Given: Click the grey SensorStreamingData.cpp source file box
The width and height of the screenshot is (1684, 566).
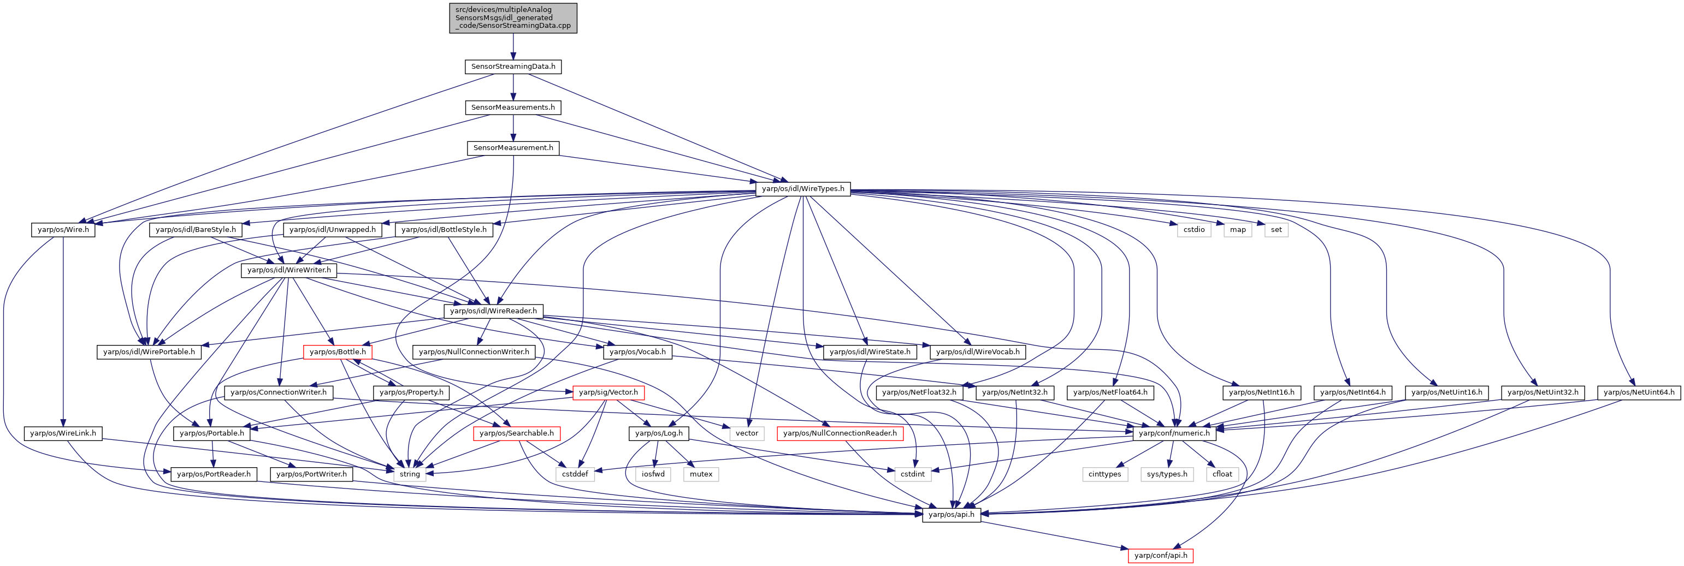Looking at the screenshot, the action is click(513, 17).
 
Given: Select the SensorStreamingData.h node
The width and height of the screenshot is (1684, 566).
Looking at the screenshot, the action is click(513, 67).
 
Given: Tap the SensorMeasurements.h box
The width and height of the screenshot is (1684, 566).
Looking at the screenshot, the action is click(513, 107).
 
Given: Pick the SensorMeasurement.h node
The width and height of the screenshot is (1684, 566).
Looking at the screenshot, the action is click(513, 148).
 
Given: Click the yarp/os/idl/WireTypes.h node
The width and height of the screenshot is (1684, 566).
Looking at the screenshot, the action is click(803, 189).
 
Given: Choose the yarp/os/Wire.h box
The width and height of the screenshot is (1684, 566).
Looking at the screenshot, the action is click(63, 229).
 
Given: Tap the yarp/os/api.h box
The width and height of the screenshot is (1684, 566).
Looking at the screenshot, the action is click(951, 514).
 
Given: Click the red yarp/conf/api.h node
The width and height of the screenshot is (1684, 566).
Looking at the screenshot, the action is click(1161, 556).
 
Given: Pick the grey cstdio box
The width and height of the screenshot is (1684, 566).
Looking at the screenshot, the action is click(1193, 229).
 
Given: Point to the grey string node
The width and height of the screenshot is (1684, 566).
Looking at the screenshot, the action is click(410, 474).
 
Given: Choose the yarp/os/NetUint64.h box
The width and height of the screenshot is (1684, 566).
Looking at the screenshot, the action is click(1639, 392).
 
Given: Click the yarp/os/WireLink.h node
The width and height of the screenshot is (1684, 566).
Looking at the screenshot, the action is click(63, 433).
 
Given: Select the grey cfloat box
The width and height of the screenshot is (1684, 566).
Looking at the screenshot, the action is click(1222, 474).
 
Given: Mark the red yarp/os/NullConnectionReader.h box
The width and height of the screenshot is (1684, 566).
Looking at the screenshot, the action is click(840, 433).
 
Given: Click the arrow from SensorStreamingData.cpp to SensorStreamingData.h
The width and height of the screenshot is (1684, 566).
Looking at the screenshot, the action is click(513, 47).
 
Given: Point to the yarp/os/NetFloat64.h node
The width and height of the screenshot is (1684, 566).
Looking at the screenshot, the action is click(1110, 392).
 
